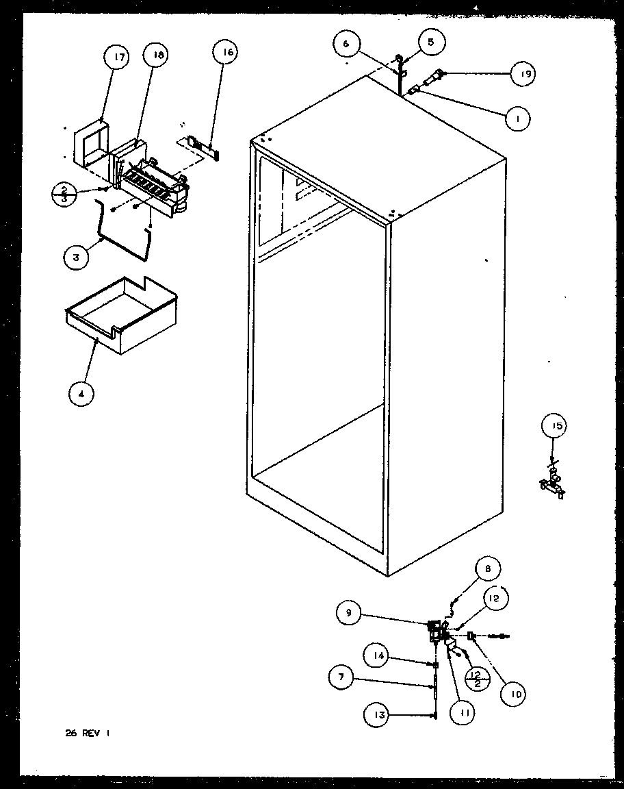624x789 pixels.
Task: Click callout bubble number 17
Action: coord(119,58)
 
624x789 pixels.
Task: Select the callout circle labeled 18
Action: coord(157,57)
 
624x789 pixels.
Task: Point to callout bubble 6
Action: coord(347,44)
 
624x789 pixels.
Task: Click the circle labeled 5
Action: coord(430,42)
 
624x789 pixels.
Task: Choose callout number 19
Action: coord(522,74)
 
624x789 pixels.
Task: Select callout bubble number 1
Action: coord(518,119)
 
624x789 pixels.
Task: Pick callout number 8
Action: coord(488,568)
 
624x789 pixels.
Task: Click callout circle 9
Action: coord(349,613)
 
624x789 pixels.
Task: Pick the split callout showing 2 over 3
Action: coord(64,194)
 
